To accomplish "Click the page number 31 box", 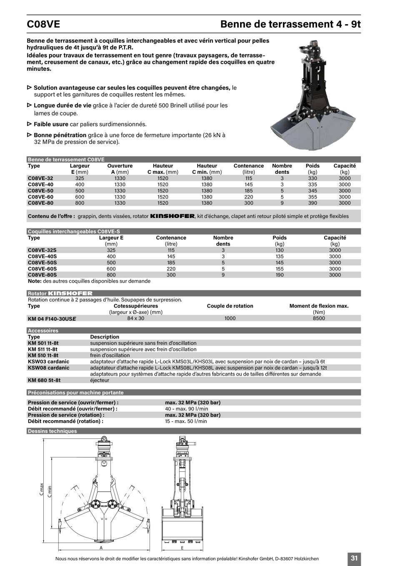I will pos(354,558).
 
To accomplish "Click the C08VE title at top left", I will pos(43,24).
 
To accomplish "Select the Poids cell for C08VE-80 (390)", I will pos(312,203).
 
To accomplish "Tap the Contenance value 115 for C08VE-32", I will pos(249,178).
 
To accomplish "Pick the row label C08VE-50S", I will pos(42,263).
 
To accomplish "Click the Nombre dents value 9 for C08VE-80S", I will pos(223,275).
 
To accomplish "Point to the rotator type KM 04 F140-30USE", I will pos(52,318).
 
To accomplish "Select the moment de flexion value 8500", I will pos(319,318).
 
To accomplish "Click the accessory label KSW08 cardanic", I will pos(48,368).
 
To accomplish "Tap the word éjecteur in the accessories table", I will pos(100,380).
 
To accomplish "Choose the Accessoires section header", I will pos(43,331).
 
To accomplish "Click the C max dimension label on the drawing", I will pos(41,489).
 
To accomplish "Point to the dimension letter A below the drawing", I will pos(101,548).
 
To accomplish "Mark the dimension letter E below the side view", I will pos(182,548).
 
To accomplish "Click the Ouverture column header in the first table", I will pos(120,166).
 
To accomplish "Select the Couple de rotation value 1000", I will pos(230,318).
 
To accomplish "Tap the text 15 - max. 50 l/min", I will pos(186,421).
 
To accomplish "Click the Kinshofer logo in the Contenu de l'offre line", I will pos(172,216).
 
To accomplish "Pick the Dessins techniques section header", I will pos(52,431).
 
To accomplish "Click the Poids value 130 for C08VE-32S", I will pos(280,250).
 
